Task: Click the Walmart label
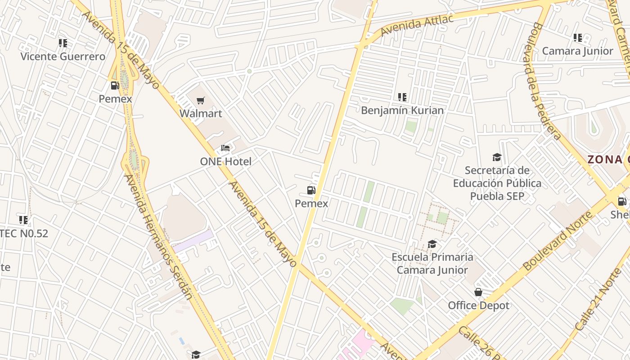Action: (x=201, y=113)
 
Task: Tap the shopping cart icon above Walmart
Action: (x=201, y=100)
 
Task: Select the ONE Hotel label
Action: (x=225, y=162)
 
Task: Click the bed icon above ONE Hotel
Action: (x=225, y=148)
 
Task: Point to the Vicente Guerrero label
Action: (x=63, y=57)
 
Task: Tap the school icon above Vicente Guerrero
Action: (x=63, y=43)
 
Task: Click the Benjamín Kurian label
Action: (x=402, y=110)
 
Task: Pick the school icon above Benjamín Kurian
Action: (x=402, y=97)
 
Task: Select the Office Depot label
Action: (x=478, y=306)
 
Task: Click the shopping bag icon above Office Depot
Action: (x=478, y=292)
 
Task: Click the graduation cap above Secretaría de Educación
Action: (x=497, y=157)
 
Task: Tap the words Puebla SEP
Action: (x=497, y=196)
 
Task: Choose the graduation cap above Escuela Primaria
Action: (x=432, y=244)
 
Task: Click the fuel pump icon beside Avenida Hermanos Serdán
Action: (x=115, y=85)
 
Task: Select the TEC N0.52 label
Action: (x=25, y=234)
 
